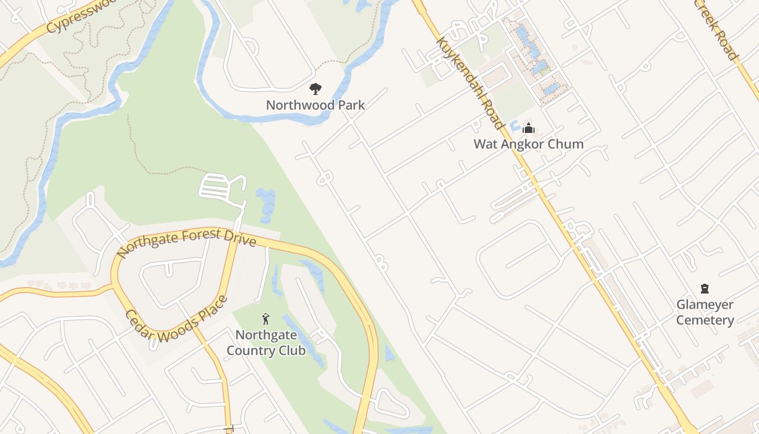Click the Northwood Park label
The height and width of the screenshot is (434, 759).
(x=315, y=105)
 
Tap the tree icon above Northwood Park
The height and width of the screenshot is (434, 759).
(x=315, y=88)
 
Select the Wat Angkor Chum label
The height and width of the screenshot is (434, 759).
(x=528, y=144)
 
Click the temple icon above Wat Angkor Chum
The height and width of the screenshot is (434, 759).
(x=528, y=128)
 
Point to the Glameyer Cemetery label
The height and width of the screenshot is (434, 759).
(x=705, y=312)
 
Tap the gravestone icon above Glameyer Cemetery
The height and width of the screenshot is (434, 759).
(x=705, y=289)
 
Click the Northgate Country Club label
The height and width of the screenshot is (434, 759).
(x=266, y=343)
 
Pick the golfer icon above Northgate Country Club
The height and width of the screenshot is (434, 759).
(x=266, y=319)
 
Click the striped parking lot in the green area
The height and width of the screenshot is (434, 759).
(x=215, y=186)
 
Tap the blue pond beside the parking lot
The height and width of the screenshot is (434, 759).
(x=265, y=205)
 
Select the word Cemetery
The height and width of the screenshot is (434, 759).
(x=705, y=320)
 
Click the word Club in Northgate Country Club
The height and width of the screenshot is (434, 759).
(x=293, y=350)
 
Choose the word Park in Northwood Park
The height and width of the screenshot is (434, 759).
(x=351, y=105)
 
